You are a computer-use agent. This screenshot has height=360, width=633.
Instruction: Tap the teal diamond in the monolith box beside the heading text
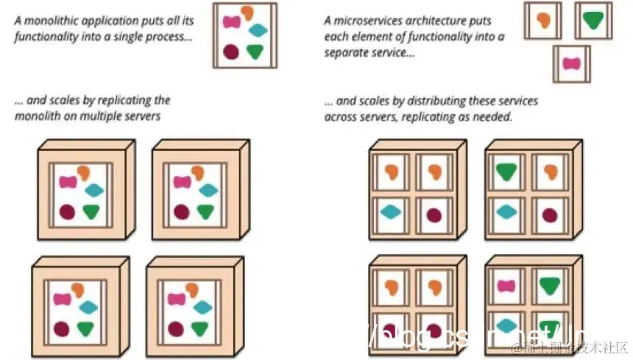coord(258,31)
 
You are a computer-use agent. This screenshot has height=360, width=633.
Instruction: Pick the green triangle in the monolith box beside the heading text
coord(255,52)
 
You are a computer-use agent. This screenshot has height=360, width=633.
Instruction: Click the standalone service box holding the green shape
coord(593,20)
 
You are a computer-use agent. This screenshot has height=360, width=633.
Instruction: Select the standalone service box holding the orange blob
coord(543,20)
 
